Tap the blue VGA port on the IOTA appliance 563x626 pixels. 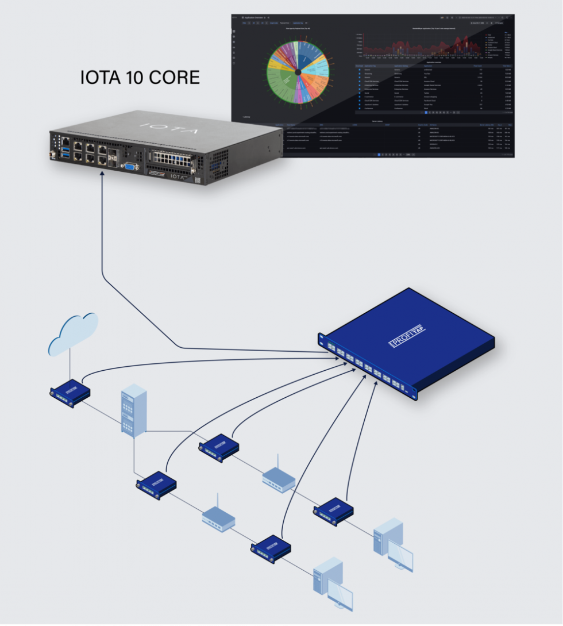coord(130,166)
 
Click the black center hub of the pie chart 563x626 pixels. coord(298,72)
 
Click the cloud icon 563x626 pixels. coord(72,333)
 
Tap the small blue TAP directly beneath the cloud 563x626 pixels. coord(70,393)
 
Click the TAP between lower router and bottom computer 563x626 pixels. coord(271,549)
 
